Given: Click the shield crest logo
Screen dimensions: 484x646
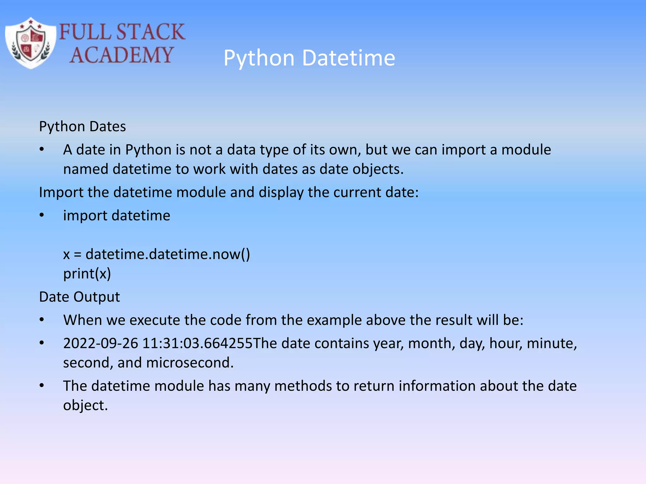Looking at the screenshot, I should coord(31,43).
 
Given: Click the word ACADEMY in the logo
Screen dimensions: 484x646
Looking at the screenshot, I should coord(121,55).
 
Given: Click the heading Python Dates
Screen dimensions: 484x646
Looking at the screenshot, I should coord(82,127).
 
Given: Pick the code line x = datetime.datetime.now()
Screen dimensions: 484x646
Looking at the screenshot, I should coord(156,254).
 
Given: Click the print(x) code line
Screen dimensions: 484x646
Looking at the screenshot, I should coord(87,274).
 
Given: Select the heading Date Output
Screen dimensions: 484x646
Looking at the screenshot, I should coord(79,297).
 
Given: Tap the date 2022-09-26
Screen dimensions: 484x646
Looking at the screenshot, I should coord(101,343).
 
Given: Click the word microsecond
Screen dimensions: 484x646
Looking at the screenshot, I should coord(190,363).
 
